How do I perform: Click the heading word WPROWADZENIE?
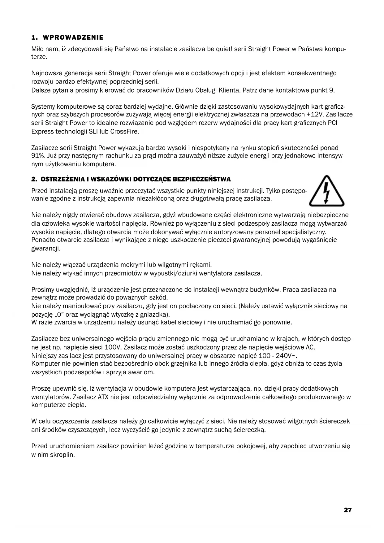[x=73, y=38]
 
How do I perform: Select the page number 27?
[x=347, y=510]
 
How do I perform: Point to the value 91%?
[x=38, y=156]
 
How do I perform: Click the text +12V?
[x=315, y=115]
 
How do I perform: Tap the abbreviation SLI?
[x=94, y=131]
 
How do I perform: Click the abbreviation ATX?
[x=103, y=397]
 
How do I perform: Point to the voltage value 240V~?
[x=284, y=355]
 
